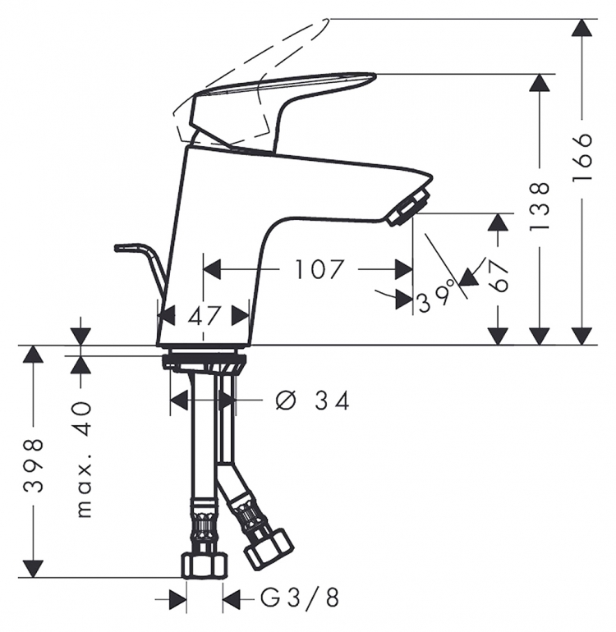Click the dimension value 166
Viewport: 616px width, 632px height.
[582, 158]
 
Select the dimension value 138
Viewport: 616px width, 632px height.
[540, 206]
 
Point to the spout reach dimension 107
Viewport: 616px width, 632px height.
[319, 269]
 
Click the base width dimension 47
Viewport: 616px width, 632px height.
[205, 316]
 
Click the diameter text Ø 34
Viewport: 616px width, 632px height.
[312, 401]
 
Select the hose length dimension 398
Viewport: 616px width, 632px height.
[33, 465]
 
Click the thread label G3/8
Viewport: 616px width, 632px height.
[299, 598]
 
